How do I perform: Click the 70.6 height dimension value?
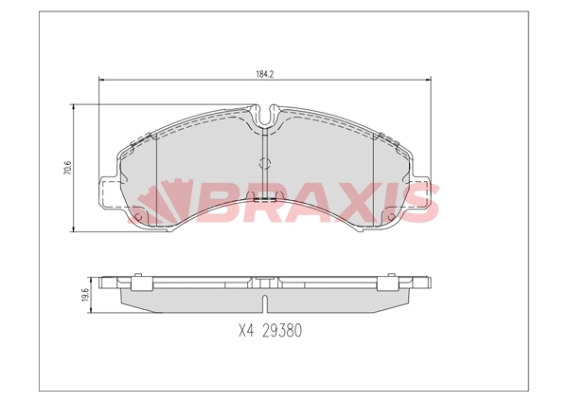coord(67,169)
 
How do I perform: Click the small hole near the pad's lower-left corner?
coord(138,218)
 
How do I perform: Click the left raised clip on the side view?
coord(142,282)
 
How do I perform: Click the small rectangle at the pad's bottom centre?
coord(266,198)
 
